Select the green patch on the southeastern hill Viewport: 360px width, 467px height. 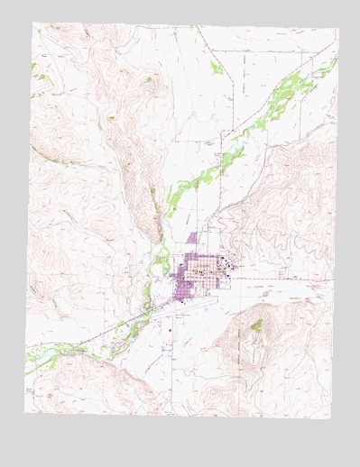[256, 325]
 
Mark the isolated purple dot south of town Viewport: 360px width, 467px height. [171, 330]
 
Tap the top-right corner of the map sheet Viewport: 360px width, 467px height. [339, 29]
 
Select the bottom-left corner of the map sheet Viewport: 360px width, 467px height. [24, 412]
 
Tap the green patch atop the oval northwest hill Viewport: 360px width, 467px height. [149, 79]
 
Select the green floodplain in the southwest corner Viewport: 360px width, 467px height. [41, 356]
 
